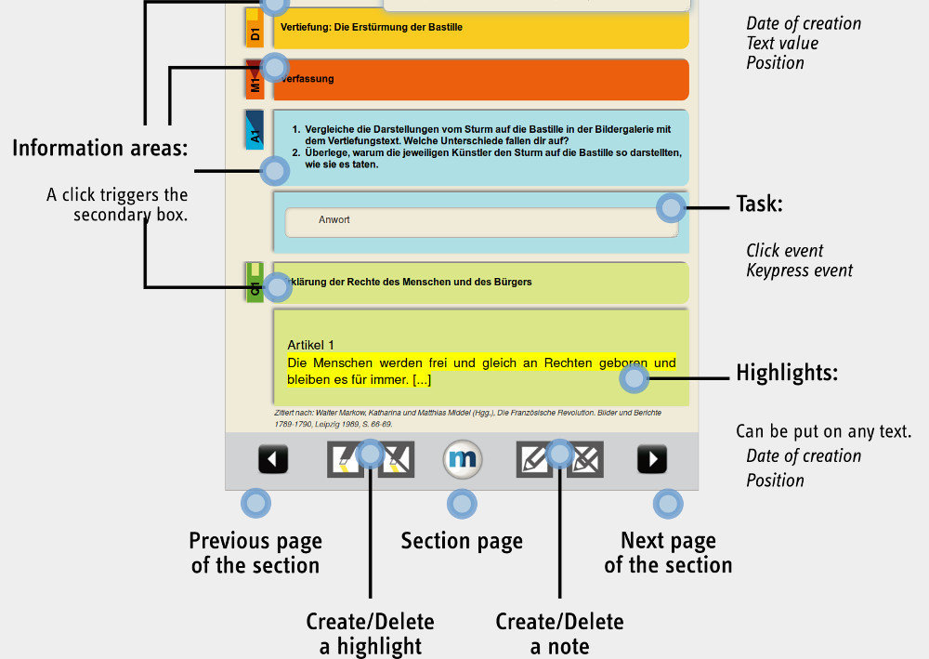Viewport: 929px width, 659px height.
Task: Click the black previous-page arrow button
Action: tap(272, 459)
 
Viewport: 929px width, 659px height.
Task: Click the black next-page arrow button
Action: tap(652, 459)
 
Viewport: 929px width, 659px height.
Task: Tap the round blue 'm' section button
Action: tap(462, 459)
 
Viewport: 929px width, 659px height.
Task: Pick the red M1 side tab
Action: tap(255, 80)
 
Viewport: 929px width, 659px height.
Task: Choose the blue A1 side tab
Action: tap(255, 131)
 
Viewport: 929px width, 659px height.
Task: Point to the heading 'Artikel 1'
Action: tap(310, 345)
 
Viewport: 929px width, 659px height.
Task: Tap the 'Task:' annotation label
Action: tap(759, 204)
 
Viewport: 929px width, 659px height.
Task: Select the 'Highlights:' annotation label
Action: tap(787, 374)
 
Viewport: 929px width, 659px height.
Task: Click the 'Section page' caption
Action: tap(462, 541)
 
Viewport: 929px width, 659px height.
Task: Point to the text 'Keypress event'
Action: tap(799, 271)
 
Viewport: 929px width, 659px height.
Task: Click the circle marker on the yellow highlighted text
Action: tap(635, 378)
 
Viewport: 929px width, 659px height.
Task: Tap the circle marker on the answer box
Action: tap(671, 207)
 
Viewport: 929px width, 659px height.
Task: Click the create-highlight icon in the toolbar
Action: tap(346, 459)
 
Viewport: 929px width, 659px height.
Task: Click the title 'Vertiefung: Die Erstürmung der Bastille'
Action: tap(372, 28)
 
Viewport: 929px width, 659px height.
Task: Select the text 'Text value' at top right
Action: tap(782, 43)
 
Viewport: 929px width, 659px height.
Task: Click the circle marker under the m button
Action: tap(462, 505)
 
